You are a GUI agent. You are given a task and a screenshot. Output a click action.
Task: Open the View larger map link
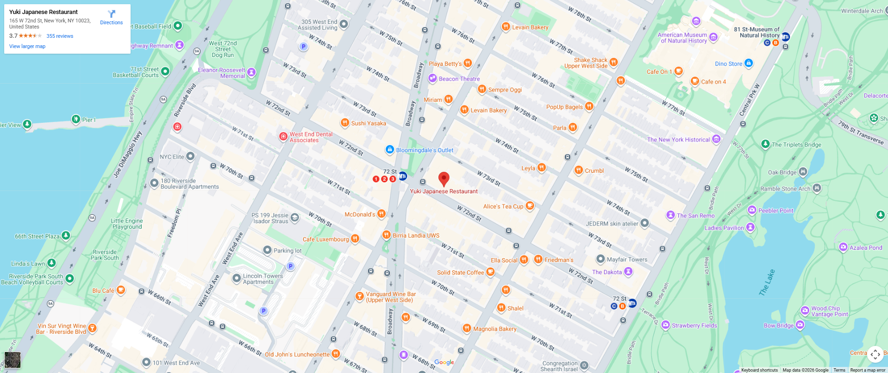(28, 46)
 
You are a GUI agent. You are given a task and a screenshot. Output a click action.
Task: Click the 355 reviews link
(60, 36)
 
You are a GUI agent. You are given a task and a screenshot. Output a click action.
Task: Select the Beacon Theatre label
(459, 79)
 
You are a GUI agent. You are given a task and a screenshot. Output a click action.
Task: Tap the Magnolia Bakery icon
(467, 328)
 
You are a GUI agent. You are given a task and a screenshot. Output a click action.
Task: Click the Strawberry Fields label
(694, 325)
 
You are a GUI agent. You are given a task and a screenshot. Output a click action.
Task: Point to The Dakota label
(607, 272)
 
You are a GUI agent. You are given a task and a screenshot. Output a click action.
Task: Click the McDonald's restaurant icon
(382, 214)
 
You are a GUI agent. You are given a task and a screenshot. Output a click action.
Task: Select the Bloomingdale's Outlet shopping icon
(389, 149)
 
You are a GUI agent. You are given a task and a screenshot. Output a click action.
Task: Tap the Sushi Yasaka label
(368, 123)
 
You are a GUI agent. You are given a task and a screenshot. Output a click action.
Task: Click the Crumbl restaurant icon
(578, 170)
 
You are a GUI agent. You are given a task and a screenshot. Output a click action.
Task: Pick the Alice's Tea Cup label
(503, 206)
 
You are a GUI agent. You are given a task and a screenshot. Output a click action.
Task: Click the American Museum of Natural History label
(682, 38)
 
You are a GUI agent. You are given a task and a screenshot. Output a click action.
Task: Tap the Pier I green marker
(76, 119)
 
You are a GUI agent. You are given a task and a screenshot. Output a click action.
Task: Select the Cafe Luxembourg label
(326, 239)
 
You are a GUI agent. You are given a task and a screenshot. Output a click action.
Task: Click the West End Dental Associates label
(311, 137)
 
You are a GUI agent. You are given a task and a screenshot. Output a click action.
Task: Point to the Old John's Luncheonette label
(297, 354)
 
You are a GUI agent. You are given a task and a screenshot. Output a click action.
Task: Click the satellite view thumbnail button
(13, 360)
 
